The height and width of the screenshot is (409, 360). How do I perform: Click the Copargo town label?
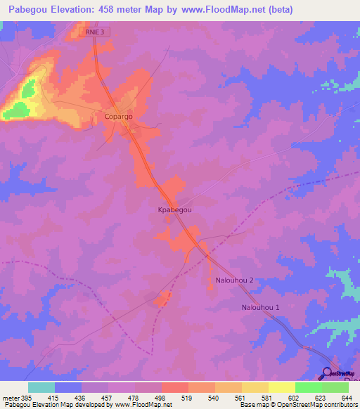[118, 116]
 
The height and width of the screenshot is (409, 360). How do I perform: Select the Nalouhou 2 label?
[234, 280]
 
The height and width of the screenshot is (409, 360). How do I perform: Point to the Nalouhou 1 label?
[261, 308]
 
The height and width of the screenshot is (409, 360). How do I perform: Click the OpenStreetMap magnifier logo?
[327, 374]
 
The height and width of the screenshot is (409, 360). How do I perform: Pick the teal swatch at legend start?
[41, 387]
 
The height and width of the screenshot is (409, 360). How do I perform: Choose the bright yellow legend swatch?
[281, 387]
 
